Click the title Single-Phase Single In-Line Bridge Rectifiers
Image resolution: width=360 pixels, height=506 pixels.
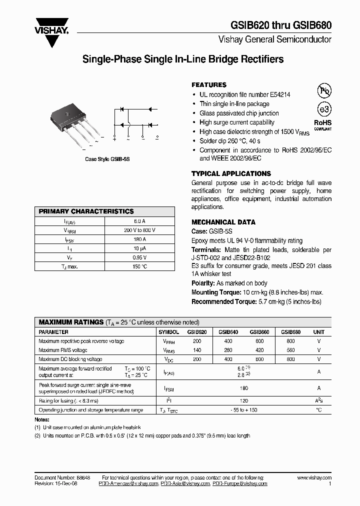[182, 59]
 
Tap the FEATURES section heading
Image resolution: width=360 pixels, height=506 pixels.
[209, 85]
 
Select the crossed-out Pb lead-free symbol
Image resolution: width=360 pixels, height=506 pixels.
[324, 90]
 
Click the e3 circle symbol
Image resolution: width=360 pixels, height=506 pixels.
[324, 109]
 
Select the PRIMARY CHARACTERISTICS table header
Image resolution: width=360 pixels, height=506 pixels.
[86, 211]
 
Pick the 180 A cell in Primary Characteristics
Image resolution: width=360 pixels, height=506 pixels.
[139, 239]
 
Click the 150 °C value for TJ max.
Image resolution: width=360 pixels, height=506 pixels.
[139, 266]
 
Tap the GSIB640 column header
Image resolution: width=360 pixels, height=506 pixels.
[228, 332]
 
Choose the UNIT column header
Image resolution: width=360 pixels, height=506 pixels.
[318, 332]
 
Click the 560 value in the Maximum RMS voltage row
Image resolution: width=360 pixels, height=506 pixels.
[290, 350]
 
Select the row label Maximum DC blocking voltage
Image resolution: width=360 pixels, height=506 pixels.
[70, 359]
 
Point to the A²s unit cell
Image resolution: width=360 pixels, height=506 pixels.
[318, 401]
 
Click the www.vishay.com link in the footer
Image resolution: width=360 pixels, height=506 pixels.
[314, 478]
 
